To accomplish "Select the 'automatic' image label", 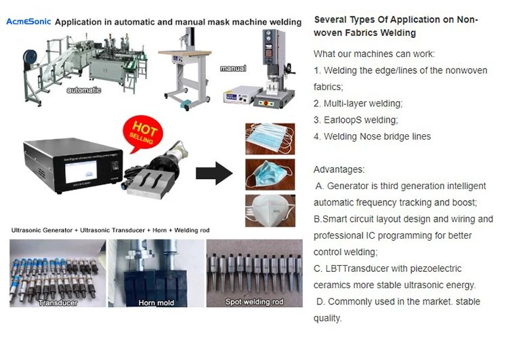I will tap(84, 90).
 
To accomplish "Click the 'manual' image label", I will tap(232, 68).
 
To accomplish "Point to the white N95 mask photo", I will tap(270, 210).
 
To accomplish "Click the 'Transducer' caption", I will tap(57, 302).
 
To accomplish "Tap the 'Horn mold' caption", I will tap(156, 302).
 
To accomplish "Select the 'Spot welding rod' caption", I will tap(254, 302).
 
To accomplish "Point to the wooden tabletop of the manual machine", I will tap(184, 52).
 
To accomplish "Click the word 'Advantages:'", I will tap(339, 169).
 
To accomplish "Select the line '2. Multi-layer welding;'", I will tap(358, 104).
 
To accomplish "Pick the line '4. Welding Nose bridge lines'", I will tap(372, 136).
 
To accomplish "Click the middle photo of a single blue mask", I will tap(270, 175).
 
